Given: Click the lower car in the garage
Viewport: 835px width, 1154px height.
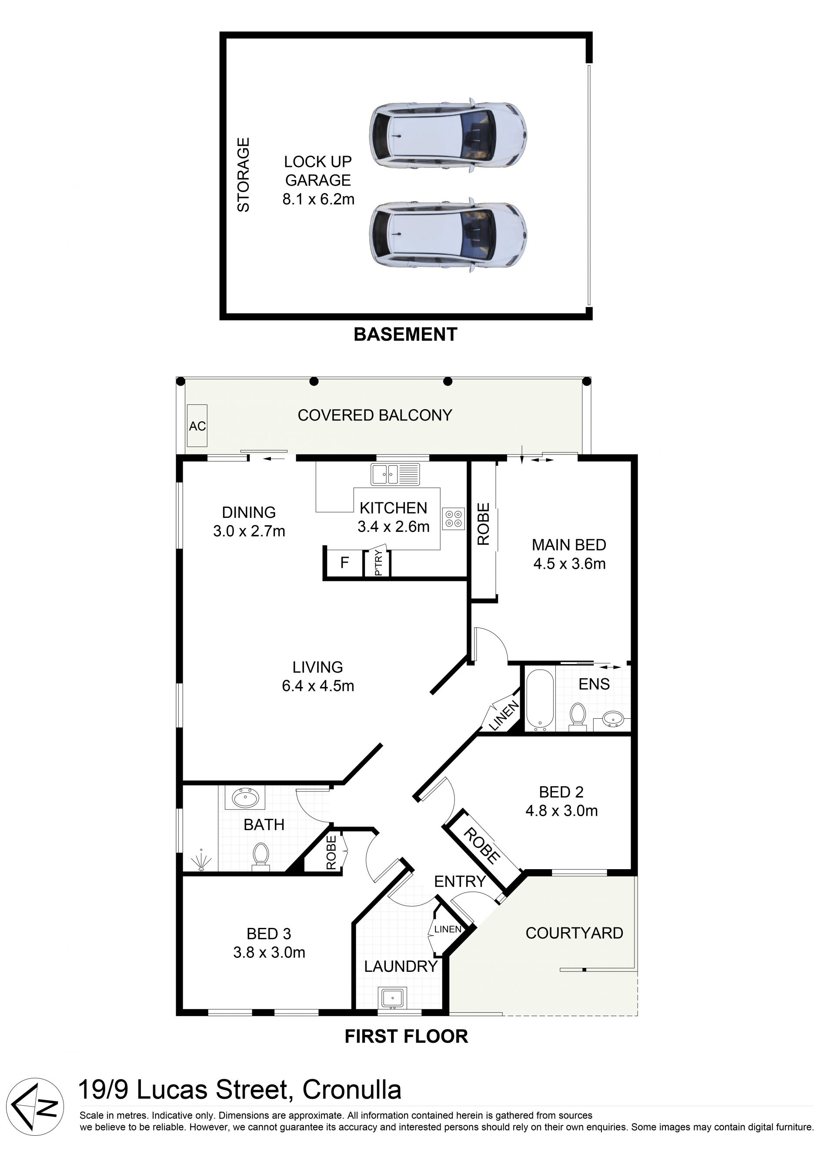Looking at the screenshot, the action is tap(448, 235).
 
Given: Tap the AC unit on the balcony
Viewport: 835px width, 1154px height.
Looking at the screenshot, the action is tap(197, 426).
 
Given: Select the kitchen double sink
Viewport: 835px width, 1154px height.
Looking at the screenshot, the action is tap(395, 474).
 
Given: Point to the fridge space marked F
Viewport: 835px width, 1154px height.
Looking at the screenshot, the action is tap(344, 563).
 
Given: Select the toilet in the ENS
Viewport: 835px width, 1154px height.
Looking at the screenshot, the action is tap(578, 716).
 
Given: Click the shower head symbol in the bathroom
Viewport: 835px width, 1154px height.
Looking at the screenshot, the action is tap(201, 860).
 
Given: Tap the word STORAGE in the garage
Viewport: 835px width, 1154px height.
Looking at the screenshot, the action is tap(244, 174).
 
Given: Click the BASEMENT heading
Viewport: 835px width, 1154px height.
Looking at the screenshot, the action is tap(406, 334).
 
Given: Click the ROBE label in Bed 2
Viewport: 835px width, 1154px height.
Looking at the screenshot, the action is tap(481, 846).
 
